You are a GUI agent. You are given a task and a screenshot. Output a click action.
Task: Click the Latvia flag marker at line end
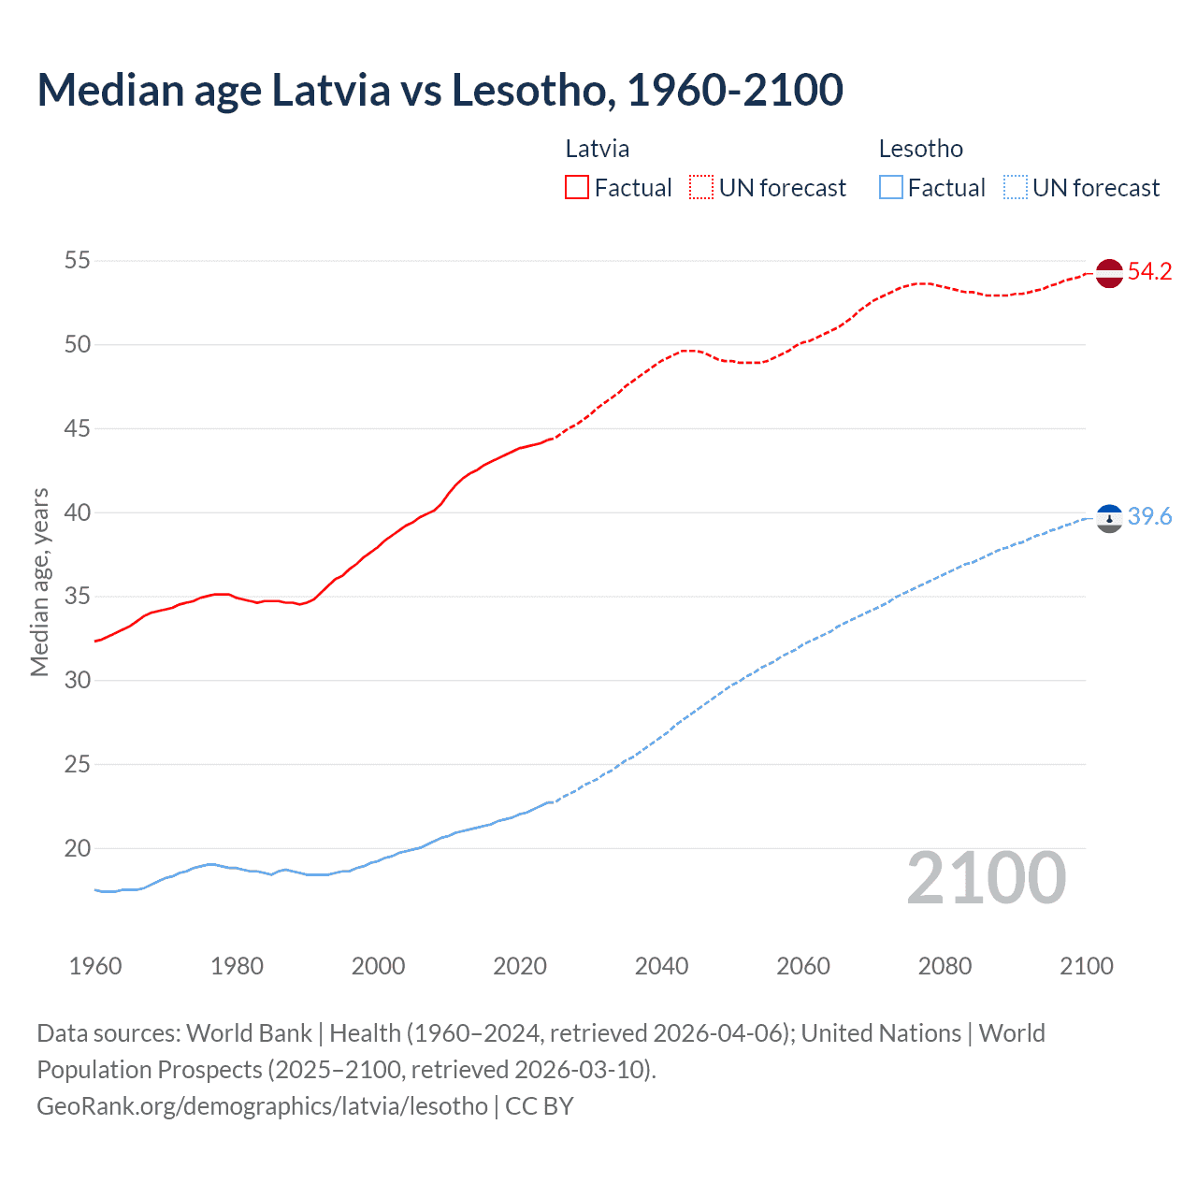pyautogui.click(x=1108, y=273)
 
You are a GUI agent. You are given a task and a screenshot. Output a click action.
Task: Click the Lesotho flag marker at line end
pyautogui.click(x=1108, y=518)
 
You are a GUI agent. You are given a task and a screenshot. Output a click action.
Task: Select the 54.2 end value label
pyautogui.click(x=1149, y=272)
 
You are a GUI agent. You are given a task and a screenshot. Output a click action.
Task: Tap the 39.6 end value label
pyautogui.click(x=1149, y=517)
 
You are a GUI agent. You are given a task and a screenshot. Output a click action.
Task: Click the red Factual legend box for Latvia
pyautogui.click(x=577, y=188)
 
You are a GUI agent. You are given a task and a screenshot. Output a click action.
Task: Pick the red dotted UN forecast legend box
pyautogui.click(x=701, y=188)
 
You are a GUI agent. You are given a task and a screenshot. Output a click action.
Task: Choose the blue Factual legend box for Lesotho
pyautogui.click(x=890, y=188)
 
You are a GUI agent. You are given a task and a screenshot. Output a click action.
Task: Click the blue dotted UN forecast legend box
pyautogui.click(x=1015, y=188)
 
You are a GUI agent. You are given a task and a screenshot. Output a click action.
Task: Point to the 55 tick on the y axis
pyautogui.click(x=78, y=261)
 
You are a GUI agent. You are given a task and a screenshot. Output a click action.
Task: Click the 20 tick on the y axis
pyautogui.click(x=78, y=849)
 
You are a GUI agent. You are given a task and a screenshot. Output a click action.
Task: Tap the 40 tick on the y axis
pyautogui.click(x=78, y=513)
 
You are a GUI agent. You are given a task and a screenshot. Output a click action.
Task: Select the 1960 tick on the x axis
pyautogui.click(x=95, y=966)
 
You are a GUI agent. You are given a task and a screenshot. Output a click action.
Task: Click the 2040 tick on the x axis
pyautogui.click(x=661, y=966)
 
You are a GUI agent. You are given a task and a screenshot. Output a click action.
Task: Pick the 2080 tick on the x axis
pyautogui.click(x=945, y=966)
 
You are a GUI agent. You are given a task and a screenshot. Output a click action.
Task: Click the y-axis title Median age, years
pyautogui.click(x=39, y=582)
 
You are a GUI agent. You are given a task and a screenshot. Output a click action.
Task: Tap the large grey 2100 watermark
pyautogui.click(x=986, y=878)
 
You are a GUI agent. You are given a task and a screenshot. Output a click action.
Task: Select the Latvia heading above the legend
pyautogui.click(x=597, y=149)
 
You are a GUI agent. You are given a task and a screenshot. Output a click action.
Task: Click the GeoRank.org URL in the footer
pyautogui.click(x=262, y=1106)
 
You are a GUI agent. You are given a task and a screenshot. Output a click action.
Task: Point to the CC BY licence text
pyautogui.click(x=540, y=1106)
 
